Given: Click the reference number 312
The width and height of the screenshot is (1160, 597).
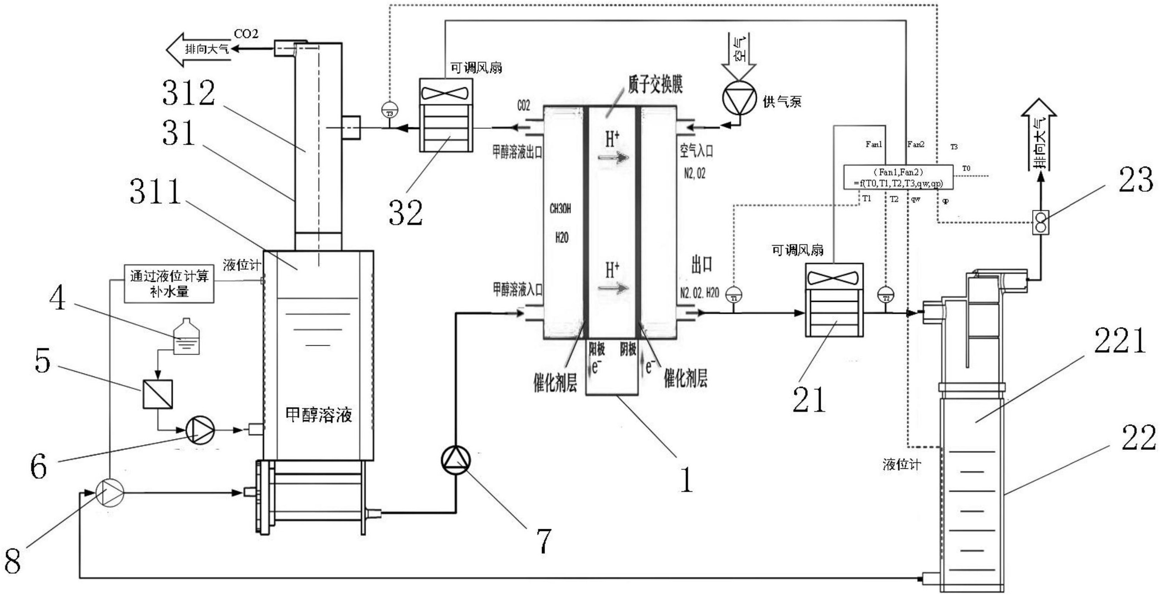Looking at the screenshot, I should [189, 93].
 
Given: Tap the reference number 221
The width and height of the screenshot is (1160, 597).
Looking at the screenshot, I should [1119, 341].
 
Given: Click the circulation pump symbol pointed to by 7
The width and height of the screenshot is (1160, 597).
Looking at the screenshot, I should [456, 460].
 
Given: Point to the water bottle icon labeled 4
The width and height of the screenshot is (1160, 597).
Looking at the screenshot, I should [187, 336].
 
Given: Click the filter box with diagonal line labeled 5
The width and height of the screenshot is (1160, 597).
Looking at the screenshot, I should [158, 394].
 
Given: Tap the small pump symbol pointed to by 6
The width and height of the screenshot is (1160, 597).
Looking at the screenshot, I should [201, 430].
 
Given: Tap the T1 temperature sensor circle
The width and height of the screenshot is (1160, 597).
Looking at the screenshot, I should [734, 295].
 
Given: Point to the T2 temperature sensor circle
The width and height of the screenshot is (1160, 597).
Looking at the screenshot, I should [886, 295].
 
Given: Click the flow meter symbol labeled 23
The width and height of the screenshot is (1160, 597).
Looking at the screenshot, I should [1040, 222].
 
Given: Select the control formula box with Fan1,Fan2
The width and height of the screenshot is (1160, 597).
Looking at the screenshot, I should [898, 177].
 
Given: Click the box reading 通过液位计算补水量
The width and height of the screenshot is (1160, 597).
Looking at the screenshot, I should [169, 284].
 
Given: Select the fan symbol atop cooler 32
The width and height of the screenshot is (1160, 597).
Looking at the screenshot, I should [445, 93].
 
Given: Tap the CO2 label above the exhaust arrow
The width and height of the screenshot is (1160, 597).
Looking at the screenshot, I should [246, 34].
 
